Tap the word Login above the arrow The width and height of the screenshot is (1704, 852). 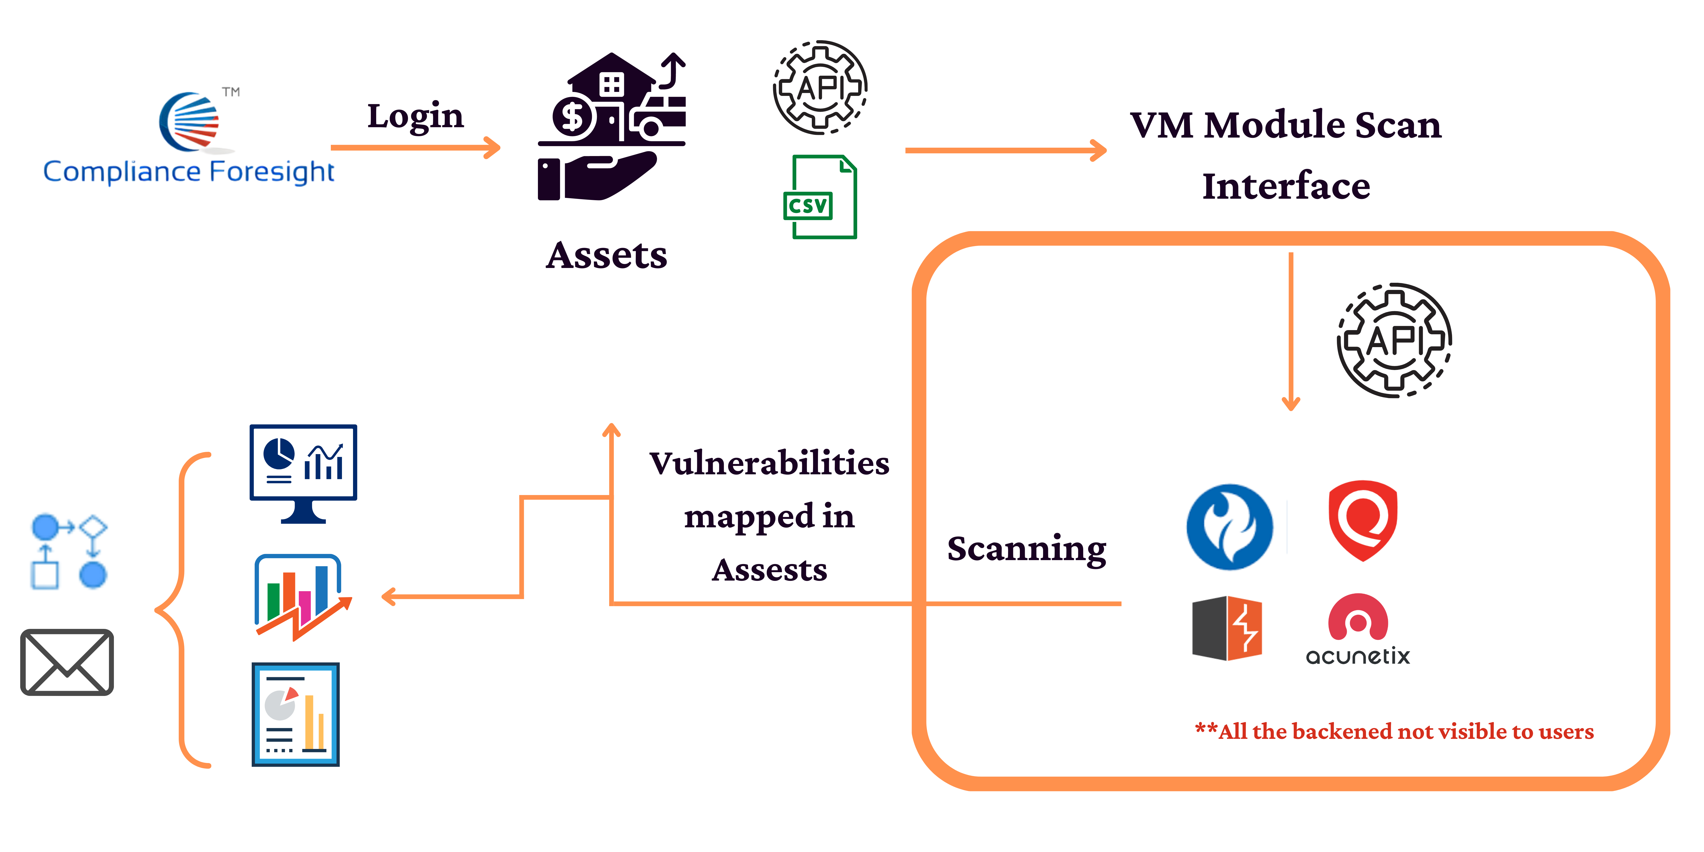[415, 116]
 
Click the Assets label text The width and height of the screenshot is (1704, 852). [607, 255]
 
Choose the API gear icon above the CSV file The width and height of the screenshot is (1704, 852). [820, 87]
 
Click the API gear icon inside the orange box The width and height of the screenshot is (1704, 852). [1394, 340]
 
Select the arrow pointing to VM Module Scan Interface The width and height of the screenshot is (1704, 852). [1006, 150]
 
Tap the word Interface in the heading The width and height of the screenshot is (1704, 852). [1286, 186]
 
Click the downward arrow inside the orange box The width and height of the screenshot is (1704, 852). [1291, 331]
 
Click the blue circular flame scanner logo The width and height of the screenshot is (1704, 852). [1229, 527]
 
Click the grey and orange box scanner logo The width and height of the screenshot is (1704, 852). [1227, 628]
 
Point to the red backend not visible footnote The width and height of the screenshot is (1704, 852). [1394, 732]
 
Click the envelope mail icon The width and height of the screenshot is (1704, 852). [67, 662]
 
